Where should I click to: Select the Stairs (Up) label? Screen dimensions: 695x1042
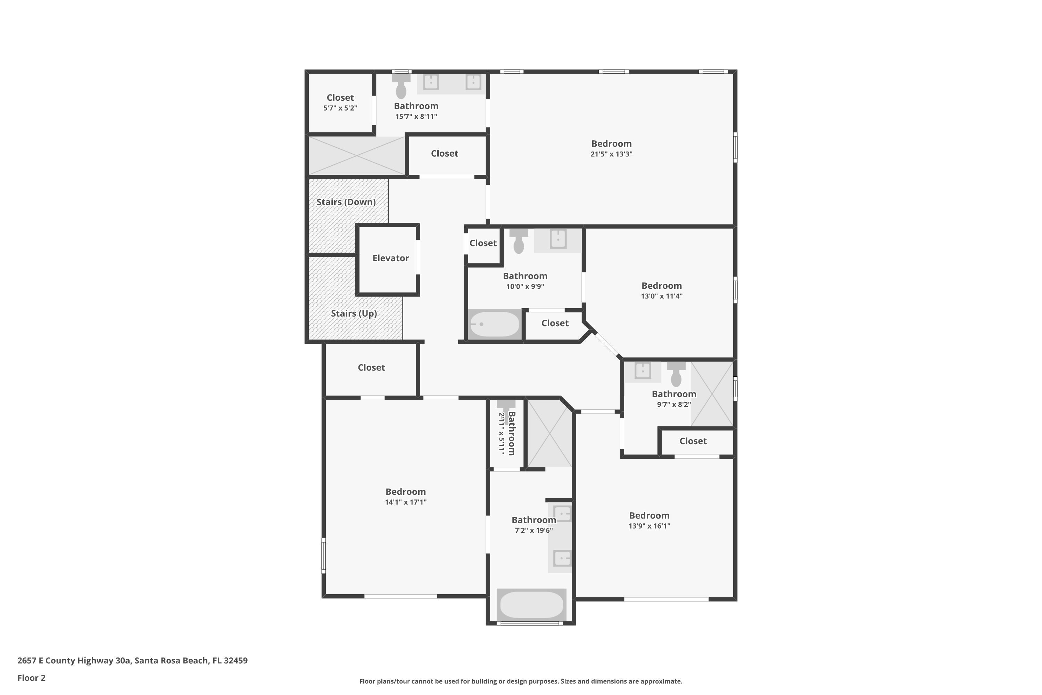click(x=354, y=313)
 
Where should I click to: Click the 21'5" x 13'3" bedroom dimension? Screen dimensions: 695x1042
click(x=611, y=154)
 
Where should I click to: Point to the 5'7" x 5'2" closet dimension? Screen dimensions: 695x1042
click(x=340, y=108)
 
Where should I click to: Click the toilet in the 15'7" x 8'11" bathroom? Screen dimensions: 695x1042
click(x=401, y=87)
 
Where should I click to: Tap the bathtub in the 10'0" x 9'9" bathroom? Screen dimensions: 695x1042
click(x=494, y=325)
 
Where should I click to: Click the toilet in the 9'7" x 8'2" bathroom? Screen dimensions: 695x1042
click(x=676, y=374)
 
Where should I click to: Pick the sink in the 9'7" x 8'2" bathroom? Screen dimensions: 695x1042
click(x=642, y=370)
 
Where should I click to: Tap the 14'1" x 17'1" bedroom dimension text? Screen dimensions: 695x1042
click(x=405, y=502)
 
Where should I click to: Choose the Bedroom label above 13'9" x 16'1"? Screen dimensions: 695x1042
click(x=649, y=515)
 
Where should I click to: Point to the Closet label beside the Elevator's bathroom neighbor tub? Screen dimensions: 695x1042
click(x=555, y=324)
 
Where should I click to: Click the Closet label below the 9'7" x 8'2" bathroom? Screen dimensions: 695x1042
click(x=693, y=441)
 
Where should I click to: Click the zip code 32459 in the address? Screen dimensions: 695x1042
click(x=236, y=661)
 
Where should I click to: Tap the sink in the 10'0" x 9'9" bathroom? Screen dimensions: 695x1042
click(x=558, y=239)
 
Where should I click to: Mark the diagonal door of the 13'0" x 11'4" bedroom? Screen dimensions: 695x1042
click(x=606, y=344)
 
